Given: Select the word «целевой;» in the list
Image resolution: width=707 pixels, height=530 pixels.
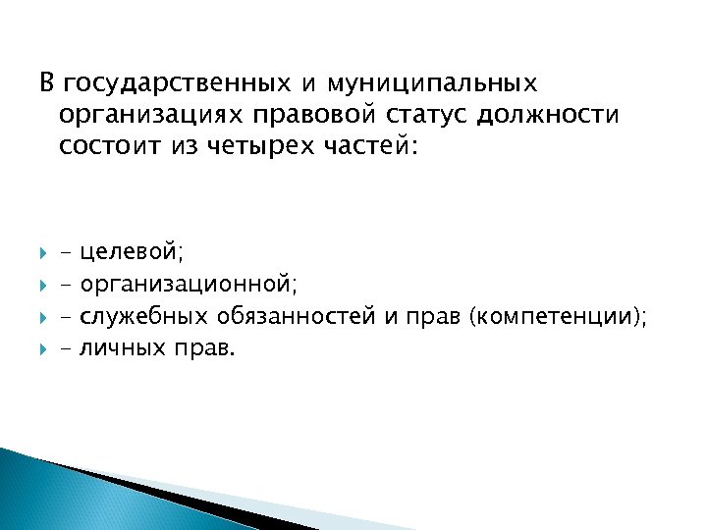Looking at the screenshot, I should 132,253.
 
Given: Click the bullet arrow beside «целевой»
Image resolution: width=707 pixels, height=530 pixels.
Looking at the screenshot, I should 44,253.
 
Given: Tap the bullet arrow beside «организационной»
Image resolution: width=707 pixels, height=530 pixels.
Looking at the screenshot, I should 44,285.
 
